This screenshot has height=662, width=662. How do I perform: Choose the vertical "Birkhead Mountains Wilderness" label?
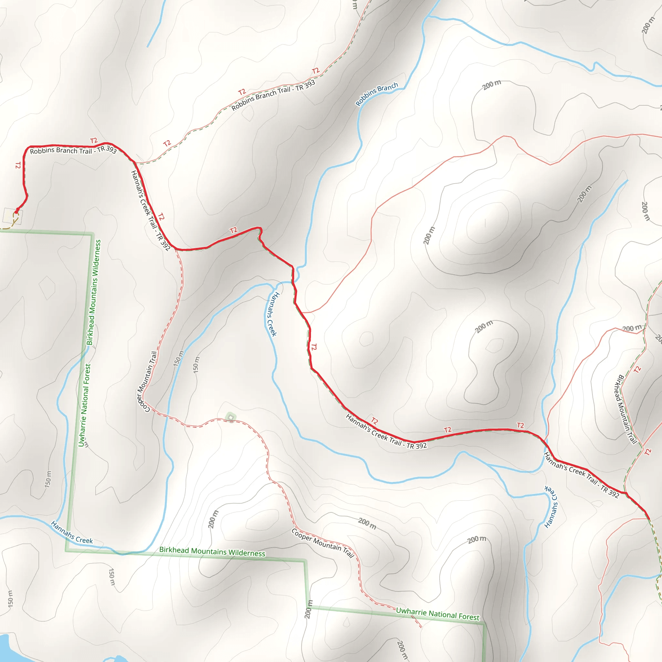(x=94, y=292)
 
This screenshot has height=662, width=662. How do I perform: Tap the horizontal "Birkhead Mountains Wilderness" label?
(x=212, y=552)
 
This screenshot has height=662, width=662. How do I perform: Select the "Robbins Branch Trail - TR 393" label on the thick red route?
(x=73, y=150)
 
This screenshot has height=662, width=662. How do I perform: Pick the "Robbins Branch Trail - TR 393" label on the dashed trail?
(x=273, y=95)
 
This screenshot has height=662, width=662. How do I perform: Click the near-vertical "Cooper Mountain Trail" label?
(x=147, y=381)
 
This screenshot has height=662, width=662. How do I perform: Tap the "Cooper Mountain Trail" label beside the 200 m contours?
(x=322, y=543)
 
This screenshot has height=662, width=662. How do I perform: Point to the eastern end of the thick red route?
(x=649, y=518)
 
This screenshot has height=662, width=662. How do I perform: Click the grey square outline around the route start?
(x=13, y=216)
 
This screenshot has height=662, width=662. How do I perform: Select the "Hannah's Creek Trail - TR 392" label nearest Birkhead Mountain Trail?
(x=582, y=475)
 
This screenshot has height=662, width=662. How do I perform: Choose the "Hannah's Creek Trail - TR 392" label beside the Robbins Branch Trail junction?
(x=150, y=210)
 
